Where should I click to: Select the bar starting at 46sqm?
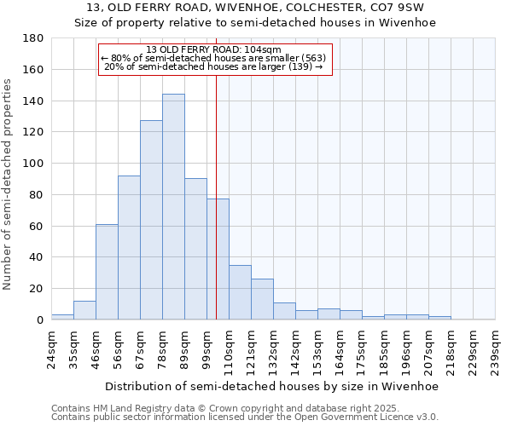click(x=107, y=272)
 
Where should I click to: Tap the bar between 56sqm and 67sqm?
click(x=129, y=247)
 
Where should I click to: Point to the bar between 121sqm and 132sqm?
click(x=262, y=299)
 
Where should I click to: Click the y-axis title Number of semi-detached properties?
click(x=8, y=184)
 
